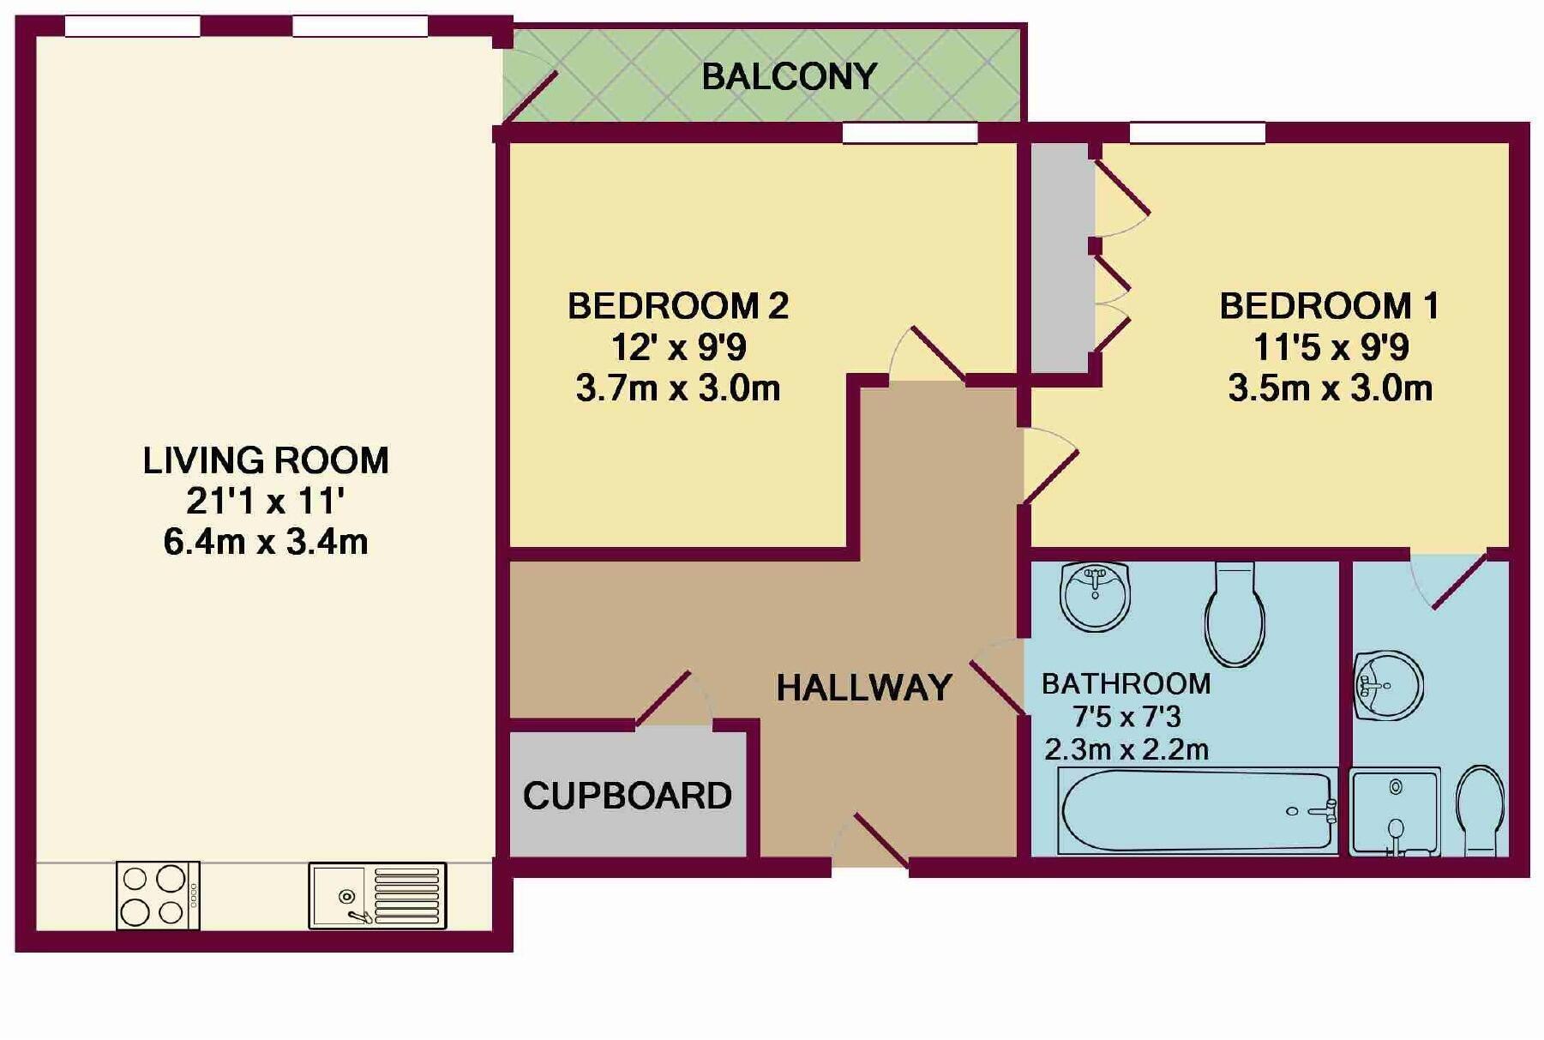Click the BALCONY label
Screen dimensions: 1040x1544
point(789,77)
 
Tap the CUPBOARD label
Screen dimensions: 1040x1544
point(627,796)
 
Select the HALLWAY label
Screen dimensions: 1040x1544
point(863,688)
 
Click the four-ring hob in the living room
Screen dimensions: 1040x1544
point(158,895)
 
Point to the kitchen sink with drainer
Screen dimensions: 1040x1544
point(377,896)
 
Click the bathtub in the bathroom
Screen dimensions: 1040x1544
point(1198,811)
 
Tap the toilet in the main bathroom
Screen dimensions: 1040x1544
point(1235,615)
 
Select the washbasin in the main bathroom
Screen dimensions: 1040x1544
point(1095,595)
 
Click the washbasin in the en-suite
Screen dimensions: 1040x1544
point(1388,685)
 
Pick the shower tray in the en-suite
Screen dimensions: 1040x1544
point(1394,812)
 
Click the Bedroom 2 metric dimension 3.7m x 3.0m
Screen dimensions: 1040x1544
point(677,388)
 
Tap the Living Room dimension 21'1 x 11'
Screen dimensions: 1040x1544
point(265,501)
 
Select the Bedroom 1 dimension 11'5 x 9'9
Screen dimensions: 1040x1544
point(1331,347)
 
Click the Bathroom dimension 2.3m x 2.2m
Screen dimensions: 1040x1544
point(1126,749)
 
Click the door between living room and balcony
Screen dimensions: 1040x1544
point(530,90)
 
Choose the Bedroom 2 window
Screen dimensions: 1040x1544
point(910,133)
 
